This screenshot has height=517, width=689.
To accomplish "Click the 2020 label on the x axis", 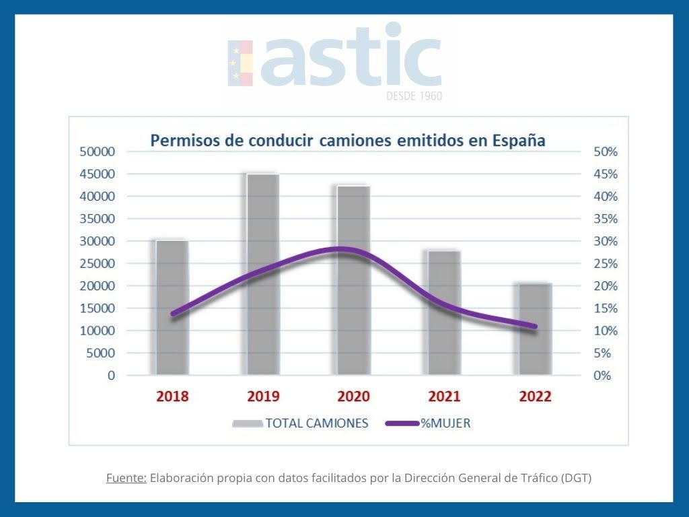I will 353,397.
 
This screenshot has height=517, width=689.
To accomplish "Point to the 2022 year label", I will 535,397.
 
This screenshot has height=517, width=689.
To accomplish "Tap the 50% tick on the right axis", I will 606,152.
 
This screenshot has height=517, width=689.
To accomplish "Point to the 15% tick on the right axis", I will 606,308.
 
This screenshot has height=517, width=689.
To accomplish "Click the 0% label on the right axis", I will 603,375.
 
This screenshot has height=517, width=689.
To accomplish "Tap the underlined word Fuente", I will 126,479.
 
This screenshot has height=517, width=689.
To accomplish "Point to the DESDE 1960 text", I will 414,96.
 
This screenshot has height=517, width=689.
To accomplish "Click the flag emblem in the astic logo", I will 240,63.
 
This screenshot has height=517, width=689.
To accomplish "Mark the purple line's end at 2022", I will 534,326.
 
